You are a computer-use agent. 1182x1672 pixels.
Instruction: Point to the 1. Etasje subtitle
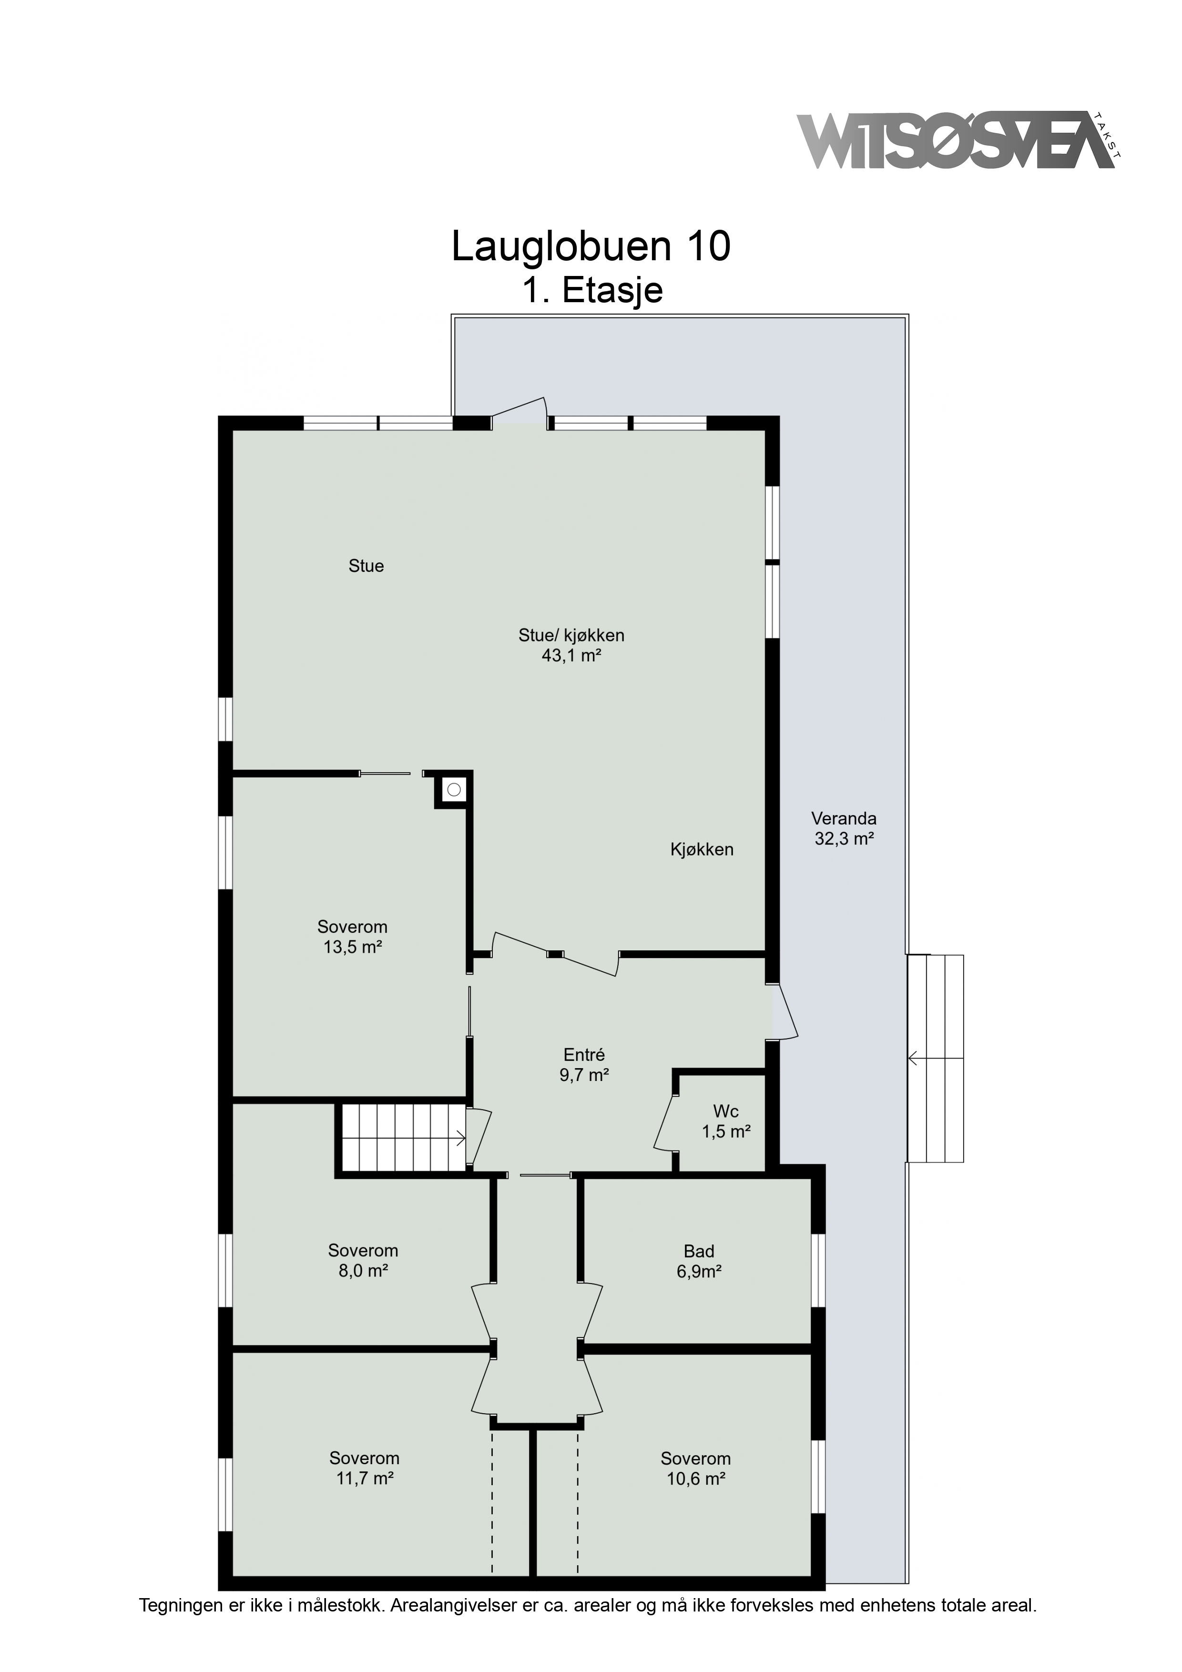pos(592,290)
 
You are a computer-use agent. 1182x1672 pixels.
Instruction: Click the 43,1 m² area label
pos(571,655)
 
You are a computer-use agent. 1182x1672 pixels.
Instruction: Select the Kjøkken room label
pos(701,849)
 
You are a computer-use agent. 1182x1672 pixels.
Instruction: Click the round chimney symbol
pos(454,789)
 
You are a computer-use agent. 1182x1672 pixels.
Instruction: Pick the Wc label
pos(725,1112)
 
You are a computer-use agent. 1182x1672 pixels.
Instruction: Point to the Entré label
pos(584,1054)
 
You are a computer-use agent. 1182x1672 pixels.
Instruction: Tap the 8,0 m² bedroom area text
pos(363,1271)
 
